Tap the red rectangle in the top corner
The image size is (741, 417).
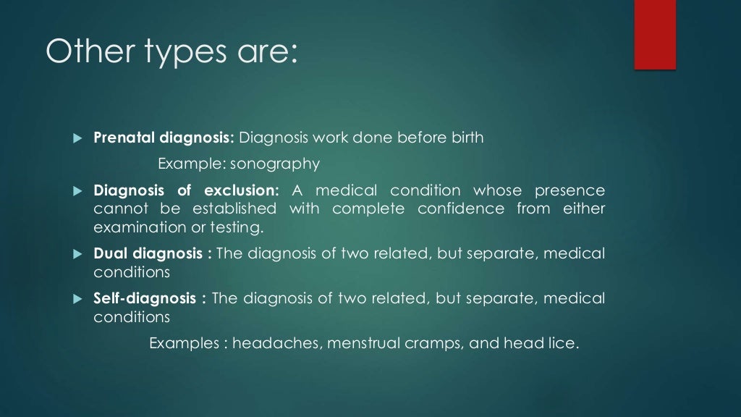coord(655,34)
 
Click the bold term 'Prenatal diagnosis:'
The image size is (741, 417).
coord(164,138)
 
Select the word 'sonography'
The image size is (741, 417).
coord(275,164)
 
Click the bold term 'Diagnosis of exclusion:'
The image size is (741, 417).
coord(186,191)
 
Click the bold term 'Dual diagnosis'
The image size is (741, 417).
coord(148,254)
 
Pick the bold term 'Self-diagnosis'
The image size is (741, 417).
coord(145,298)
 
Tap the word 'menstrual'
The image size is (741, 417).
coord(363,343)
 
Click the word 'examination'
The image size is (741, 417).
coord(135,227)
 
